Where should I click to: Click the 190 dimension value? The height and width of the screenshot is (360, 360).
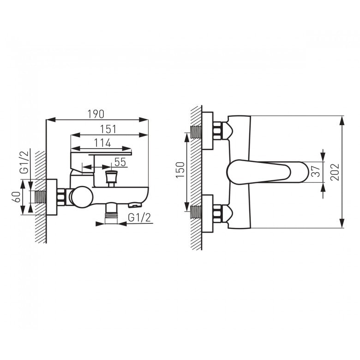point(96,114)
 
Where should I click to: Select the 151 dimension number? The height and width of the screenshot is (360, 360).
point(108,129)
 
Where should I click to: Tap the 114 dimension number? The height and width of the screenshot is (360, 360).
point(102,143)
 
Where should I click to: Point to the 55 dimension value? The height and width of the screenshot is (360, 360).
point(120,162)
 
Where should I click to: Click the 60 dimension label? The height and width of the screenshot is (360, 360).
point(16,197)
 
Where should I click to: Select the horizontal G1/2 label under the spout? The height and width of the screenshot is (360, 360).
point(139,217)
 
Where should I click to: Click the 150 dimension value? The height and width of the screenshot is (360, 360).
point(180,170)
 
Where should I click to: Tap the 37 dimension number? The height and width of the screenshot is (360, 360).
point(317,171)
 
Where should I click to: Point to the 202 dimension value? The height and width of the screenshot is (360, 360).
point(335,172)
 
